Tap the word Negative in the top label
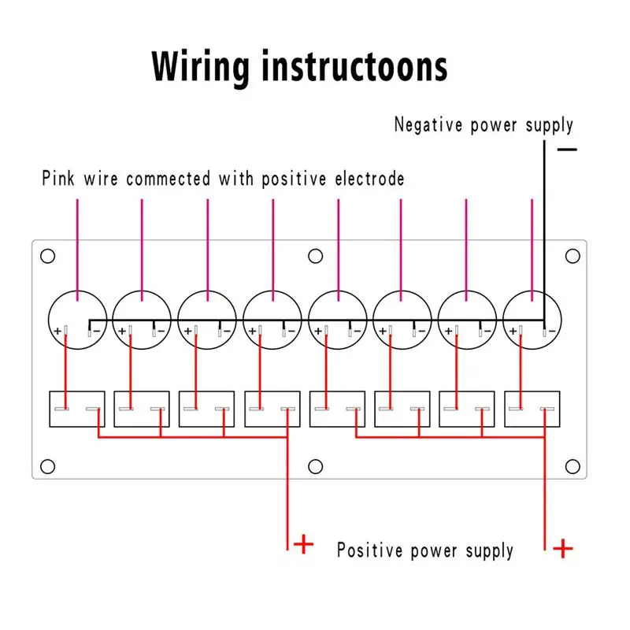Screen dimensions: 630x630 429,124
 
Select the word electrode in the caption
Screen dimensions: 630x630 366,179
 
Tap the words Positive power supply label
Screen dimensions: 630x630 424,550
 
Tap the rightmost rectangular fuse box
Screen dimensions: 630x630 533,409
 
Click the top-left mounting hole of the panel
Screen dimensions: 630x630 47,256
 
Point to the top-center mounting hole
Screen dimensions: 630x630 315,256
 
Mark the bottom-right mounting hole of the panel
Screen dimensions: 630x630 573,466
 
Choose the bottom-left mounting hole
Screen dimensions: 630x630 47,466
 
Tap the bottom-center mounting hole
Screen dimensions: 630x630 315,466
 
